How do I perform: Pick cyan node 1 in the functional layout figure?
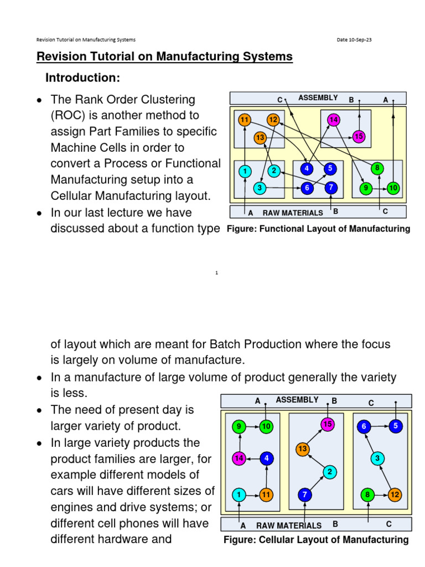[x=244, y=172]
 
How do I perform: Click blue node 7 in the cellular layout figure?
[x=304, y=494]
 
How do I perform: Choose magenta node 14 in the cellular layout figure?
[x=239, y=458]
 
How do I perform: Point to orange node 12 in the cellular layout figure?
[x=395, y=494]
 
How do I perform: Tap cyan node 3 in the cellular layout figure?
[x=377, y=458]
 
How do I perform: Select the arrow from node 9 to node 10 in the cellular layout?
[x=252, y=426]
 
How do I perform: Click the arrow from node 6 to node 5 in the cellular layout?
[x=380, y=426]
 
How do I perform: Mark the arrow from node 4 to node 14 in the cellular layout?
[x=252, y=458]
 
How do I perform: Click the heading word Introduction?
[x=82, y=78]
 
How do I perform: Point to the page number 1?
[x=217, y=273]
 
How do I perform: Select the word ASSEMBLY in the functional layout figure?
[x=318, y=98]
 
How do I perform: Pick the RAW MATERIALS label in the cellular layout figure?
[x=288, y=525]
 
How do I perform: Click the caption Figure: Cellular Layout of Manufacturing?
[x=315, y=540]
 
